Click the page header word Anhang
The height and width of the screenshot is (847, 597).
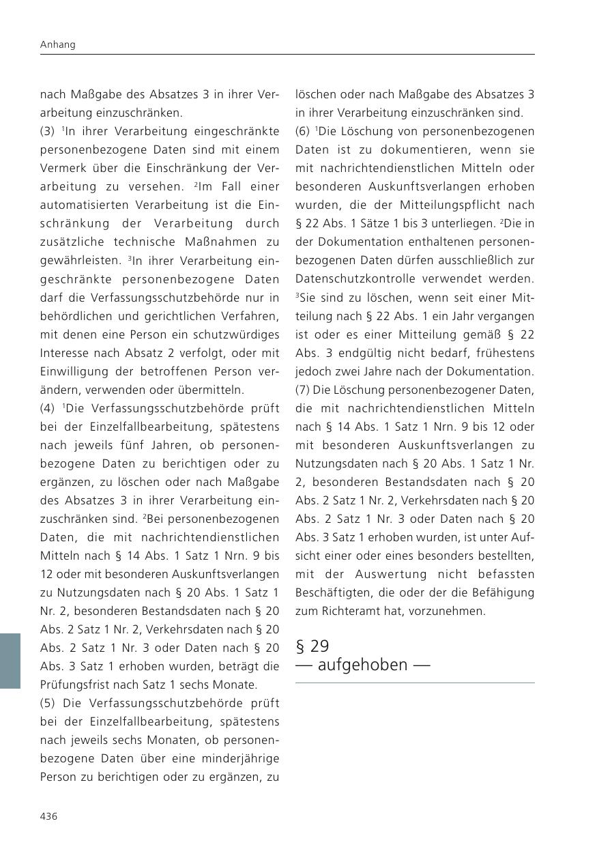(x=58, y=44)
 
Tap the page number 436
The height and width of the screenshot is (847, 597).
(x=49, y=816)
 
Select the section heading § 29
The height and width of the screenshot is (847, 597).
(x=312, y=646)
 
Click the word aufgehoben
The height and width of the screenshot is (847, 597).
(x=363, y=665)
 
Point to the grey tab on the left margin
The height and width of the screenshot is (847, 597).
(x=10, y=661)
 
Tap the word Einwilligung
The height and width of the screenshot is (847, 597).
(x=71, y=371)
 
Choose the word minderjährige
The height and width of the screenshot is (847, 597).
(x=243, y=758)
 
